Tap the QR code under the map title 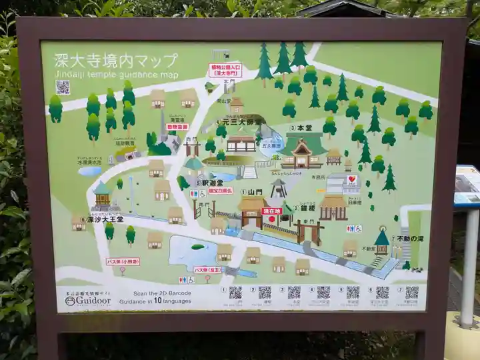click(x=63, y=87)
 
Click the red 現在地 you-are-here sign click(x=271, y=211)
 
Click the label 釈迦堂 click(x=211, y=183)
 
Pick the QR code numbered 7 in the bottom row click(x=412, y=292)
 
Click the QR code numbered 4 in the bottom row click(x=323, y=292)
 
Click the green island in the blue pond click(x=197, y=247)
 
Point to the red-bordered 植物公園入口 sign click(x=225, y=69)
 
